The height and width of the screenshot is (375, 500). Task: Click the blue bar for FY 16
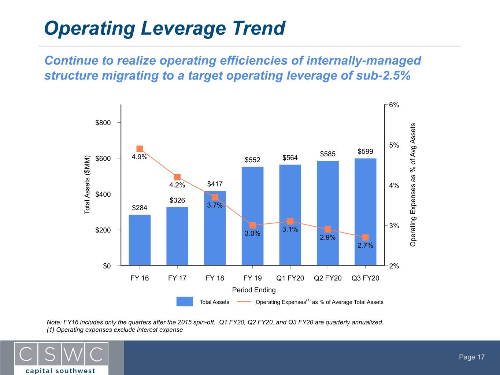(x=140, y=240)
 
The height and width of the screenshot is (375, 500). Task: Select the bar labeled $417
(x=215, y=228)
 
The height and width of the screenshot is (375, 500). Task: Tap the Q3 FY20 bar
(x=365, y=212)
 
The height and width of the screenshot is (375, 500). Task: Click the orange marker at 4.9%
(x=140, y=149)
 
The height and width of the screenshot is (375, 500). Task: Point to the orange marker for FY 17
(x=177, y=177)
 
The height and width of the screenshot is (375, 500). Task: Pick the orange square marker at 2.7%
(x=365, y=237)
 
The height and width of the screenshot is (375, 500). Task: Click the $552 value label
(x=252, y=160)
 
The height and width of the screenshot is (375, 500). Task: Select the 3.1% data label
(x=290, y=229)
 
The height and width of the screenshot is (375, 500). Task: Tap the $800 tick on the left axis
(x=103, y=123)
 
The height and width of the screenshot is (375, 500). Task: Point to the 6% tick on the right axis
(x=394, y=105)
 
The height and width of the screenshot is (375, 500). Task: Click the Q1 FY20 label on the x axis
(x=290, y=278)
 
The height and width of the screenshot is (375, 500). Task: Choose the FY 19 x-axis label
(x=252, y=278)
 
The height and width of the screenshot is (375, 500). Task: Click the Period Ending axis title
(x=254, y=290)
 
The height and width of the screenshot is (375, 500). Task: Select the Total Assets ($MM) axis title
(x=87, y=185)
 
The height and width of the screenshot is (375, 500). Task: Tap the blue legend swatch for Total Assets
(x=185, y=301)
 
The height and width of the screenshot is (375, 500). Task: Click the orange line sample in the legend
(x=244, y=302)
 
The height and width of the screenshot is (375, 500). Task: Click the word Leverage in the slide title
(x=184, y=29)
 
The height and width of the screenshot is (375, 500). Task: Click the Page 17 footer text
(x=472, y=357)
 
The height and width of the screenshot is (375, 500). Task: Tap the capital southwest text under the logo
(x=60, y=371)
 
